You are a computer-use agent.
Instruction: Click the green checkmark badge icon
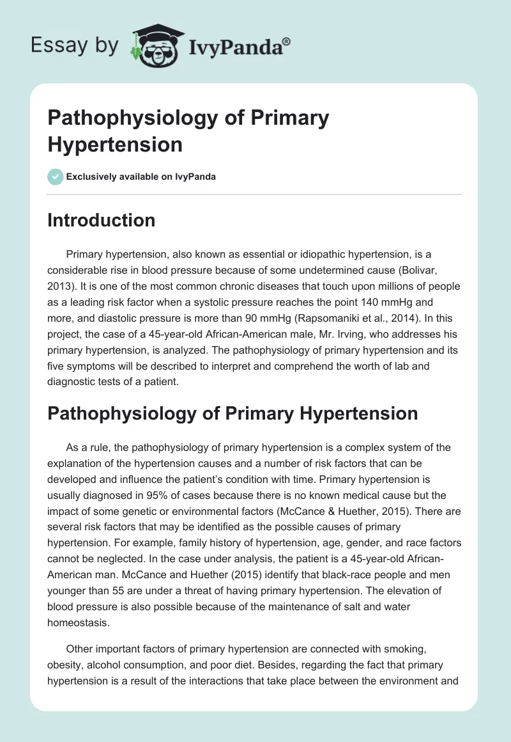coord(55,176)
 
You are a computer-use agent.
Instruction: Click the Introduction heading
coord(102,220)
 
